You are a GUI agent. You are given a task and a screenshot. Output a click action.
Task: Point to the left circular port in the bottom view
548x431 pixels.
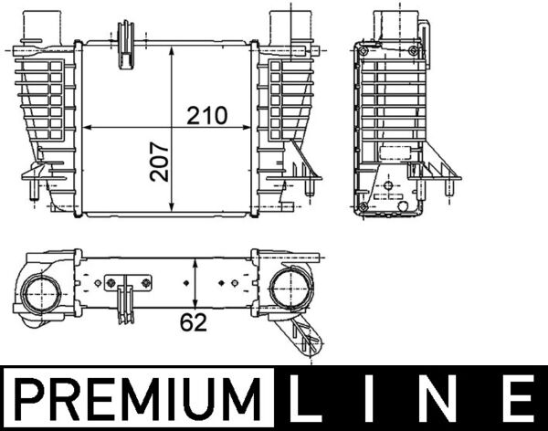point(40,295)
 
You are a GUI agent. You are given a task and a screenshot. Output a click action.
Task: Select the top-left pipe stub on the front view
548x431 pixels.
point(40,25)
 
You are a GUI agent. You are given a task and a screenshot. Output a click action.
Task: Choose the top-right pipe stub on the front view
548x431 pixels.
point(290,25)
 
